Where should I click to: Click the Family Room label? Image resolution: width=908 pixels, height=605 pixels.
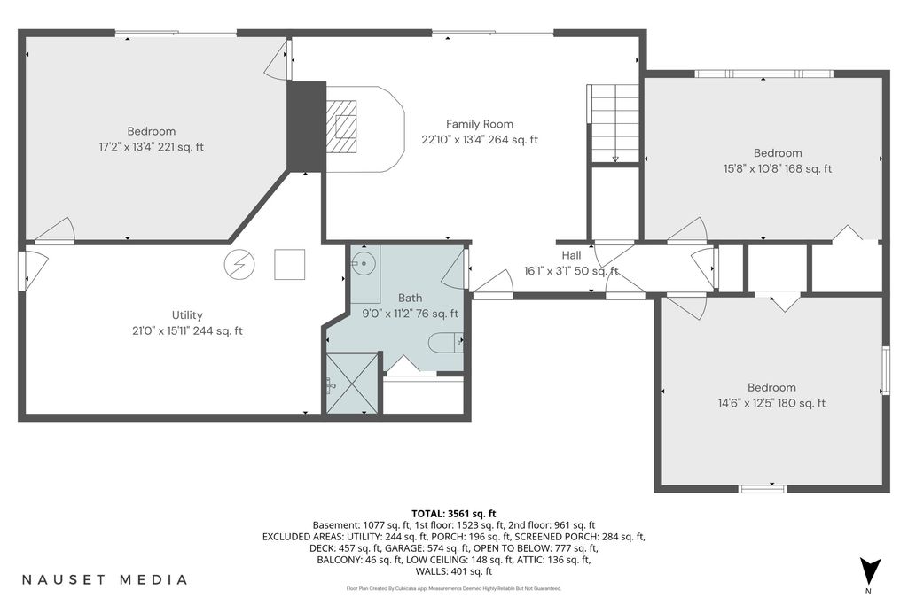480,124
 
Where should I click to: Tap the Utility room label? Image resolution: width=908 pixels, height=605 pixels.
187,315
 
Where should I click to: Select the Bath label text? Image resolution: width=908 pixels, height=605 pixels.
410,298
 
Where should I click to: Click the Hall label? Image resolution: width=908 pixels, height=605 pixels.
571,255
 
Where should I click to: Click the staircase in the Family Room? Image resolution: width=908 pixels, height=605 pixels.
614,123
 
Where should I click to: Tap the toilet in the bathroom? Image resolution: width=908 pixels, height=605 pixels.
446,344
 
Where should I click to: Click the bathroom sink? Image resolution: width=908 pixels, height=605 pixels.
363,264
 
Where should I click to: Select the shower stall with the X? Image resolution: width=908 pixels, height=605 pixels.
352,384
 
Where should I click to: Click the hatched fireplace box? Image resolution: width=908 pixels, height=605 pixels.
341,126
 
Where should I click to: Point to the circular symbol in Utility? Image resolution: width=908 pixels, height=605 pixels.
239,264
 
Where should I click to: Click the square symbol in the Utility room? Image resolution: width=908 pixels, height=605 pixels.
290,264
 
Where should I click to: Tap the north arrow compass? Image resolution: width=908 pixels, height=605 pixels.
869,570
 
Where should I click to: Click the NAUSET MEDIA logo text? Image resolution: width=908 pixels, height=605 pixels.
105,579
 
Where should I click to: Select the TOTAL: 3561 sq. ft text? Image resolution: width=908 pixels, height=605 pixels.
454,514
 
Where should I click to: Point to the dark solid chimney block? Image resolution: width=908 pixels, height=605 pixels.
307,127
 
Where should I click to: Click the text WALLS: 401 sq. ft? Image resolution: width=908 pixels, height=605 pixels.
454,571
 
